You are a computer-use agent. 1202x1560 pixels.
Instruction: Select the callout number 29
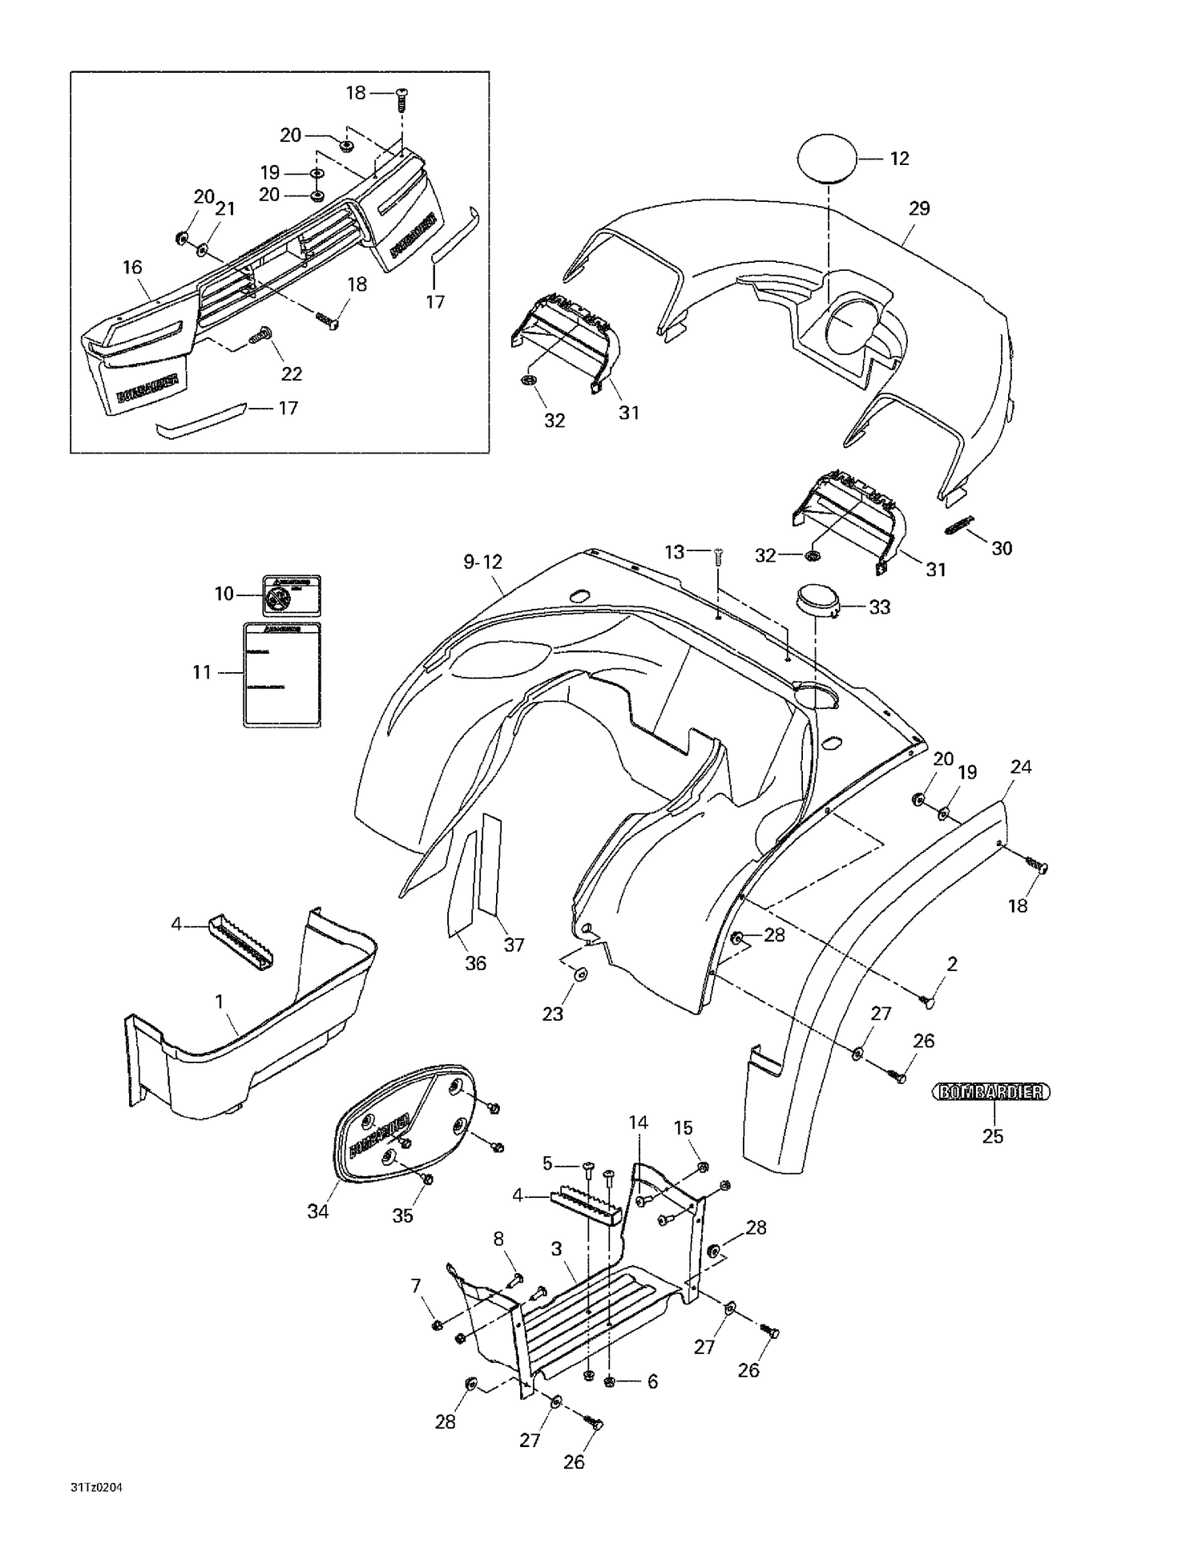click(919, 208)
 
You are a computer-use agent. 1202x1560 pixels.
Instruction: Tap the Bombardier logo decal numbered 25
click(991, 1091)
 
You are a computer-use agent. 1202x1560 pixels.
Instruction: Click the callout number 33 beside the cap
click(879, 607)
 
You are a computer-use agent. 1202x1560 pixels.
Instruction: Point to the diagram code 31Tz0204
click(95, 1488)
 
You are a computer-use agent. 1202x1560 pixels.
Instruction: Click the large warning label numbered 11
click(282, 675)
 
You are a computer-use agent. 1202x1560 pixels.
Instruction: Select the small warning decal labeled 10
click(292, 595)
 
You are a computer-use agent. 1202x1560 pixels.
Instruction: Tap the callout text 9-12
click(482, 562)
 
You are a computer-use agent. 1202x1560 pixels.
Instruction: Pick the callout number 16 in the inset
click(132, 268)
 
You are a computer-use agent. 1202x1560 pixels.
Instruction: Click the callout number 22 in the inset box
click(291, 373)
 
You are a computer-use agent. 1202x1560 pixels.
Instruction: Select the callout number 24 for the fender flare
click(1020, 767)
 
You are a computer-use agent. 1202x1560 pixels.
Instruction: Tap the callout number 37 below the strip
click(514, 945)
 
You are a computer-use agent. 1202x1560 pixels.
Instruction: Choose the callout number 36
click(475, 963)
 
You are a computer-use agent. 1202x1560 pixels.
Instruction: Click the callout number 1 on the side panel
click(219, 1001)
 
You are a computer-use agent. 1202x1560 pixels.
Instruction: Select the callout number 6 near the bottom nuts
click(652, 1381)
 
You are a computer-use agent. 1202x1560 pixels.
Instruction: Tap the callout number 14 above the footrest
click(638, 1123)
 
